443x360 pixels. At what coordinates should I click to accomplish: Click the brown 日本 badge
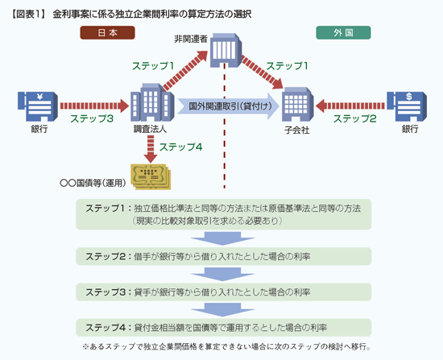point(107,33)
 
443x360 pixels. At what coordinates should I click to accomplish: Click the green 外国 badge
point(343,33)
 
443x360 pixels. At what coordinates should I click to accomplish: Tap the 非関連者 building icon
point(226,50)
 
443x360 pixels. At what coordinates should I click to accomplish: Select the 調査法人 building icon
point(152,102)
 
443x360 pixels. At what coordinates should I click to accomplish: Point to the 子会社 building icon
point(298,104)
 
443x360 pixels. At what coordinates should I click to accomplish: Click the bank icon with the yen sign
point(38,106)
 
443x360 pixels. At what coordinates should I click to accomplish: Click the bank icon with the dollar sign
point(407,106)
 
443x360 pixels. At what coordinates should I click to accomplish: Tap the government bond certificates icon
point(151,176)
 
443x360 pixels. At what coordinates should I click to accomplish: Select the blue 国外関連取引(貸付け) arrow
point(228,106)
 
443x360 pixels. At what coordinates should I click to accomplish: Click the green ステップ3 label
point(92,118)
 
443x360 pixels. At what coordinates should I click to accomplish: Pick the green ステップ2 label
point(355,118)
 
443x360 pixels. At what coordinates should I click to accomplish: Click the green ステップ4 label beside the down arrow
point(180,147)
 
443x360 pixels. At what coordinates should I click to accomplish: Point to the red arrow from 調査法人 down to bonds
point(151,149)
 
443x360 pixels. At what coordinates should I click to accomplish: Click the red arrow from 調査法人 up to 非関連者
point(185,71)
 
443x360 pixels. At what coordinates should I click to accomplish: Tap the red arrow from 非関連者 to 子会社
point(262,72)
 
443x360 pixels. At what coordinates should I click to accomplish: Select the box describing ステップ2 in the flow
point(223,256)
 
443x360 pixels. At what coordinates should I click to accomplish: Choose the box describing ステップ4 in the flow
point(223,328)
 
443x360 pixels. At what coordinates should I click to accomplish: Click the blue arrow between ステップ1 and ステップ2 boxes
point(222,238)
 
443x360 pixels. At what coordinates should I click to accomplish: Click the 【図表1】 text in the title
point(28,14)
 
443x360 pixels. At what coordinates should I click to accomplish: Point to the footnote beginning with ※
point(226,347)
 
